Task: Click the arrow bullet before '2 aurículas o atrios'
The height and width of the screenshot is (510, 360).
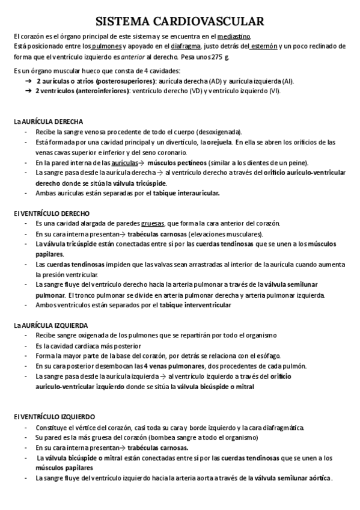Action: tap(28, 81)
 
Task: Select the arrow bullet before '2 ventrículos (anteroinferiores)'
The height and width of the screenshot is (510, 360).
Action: tap(28, 91)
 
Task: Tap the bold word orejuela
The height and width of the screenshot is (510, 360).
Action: tap(216, 142)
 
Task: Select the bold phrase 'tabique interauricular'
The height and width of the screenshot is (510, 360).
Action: tap(186, 193)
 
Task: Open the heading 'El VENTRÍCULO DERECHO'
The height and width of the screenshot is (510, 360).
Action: tap(51, 213)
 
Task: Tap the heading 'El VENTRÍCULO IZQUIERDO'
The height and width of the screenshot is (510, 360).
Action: tap(53, 417)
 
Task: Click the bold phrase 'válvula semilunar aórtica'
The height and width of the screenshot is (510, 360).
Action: tap(293, 478)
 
